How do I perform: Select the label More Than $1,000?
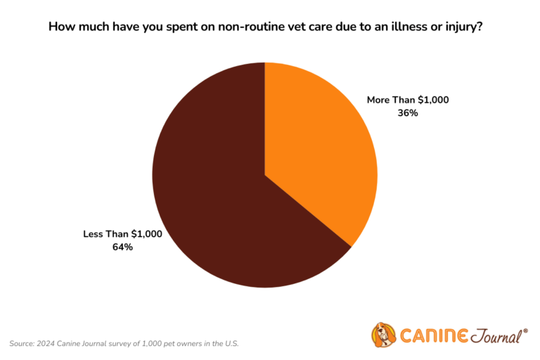click(408, 100)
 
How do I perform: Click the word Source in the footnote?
click(22, 343)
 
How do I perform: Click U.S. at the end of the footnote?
click(231, 343)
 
